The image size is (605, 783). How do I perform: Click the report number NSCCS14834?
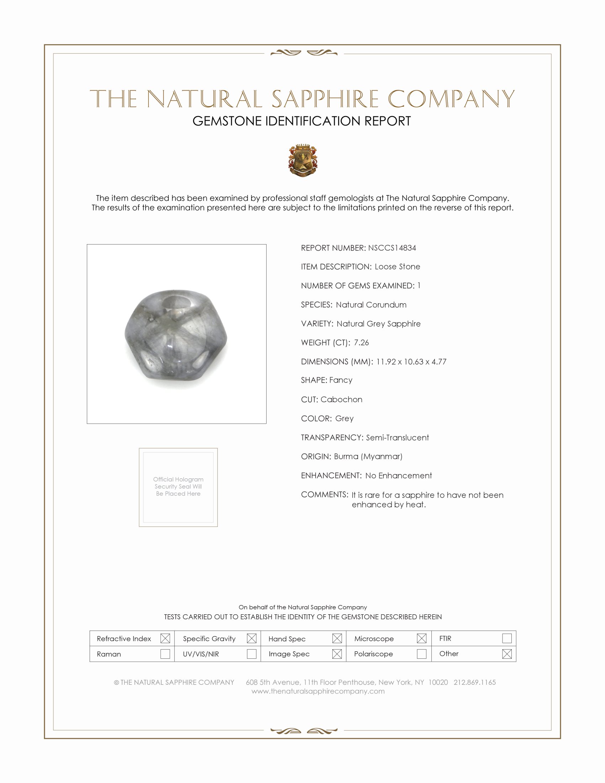pyautogui.click(x=392, y=248)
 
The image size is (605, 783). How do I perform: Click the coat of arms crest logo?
pyautogui.click(x=303, y=160)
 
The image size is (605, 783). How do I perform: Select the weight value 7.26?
pyautogui.click(x=361, y=342)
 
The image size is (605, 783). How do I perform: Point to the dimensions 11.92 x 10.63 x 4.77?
pyautogui.click(x=411, y=361)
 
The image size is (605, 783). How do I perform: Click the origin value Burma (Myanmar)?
pyautogui.click(x=368, y=456)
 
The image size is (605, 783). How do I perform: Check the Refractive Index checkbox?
pyautogui.click(x=165, y=639)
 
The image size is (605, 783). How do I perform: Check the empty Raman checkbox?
pyautogui.click(x=165, y=654)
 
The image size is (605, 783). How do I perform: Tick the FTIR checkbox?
pyautogui.click(x=507, y=639)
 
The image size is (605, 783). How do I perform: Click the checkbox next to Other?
pyautogui.click(x=507, y=654)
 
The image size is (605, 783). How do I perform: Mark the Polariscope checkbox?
pyautogui.click(x=421, y=654)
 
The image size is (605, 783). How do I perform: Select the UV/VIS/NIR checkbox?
pyautogui.click(x=252, y=654)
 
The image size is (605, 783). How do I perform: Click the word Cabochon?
pyautogui.click(x=341, y=399)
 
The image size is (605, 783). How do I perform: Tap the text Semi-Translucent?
pyautogui.click(x=397, y=437)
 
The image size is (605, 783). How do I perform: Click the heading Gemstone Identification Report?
pyautogui.click(x=301, y=121)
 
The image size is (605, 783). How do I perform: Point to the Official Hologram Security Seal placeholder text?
pyautogui.click(x=178, y=487)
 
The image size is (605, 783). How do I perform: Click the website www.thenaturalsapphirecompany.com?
pyautogui.click(x=318, y=691)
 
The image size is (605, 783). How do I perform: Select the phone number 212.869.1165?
pyautogui.click(x=474, y=682)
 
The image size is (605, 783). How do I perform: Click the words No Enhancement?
pyautogui.click(x=399, y=475)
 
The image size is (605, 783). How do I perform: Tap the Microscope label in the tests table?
pyautogui.click(x=374, y=639)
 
